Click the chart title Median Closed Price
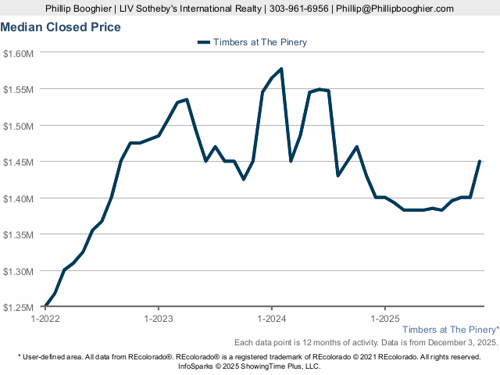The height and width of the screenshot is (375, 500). pyautogui.click(x=60, y=27)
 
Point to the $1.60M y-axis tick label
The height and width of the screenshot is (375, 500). pyautogui.click(x=19, y=53)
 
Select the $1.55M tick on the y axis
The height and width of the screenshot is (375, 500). pyautogui.click(x=19, y=89)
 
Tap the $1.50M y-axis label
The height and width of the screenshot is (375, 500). pyautogui.click(x=19, y=126)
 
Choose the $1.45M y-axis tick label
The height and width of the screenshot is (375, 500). pyautogui.click(x=19, y=162)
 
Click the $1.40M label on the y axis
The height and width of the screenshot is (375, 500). pyautogui.click(x=19, y=198)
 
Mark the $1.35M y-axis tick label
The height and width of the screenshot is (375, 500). pyautogui.click(x=19, y=234)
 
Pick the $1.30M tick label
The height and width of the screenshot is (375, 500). pyautogui.click(x=19, y=271)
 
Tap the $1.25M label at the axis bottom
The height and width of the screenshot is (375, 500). pyautogui.click(x=19, y=307)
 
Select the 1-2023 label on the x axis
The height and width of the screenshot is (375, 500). pyautogui.click(x=158, y=318)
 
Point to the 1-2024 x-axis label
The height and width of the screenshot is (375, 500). pyautogui.click(x=270, y=318)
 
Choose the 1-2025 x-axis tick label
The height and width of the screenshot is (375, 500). pyautogui.click(x=384, y=318)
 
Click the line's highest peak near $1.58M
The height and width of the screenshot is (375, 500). pyautogui.click(x=281, y=69)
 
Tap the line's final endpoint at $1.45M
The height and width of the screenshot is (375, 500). pyautogui.click(x=479, y=162)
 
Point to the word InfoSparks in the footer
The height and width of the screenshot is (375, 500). pyautogui.click(x=199, y=366)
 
